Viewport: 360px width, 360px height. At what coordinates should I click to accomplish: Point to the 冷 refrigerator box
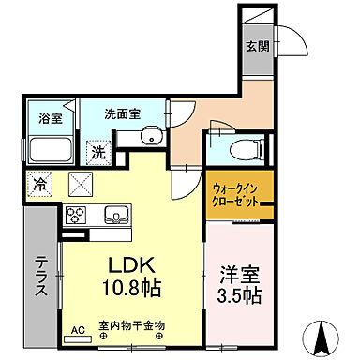click(40, 183)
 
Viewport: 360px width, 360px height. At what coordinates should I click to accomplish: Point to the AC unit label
click(77, 330)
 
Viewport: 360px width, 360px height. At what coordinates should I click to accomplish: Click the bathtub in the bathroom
click(50, 150)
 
